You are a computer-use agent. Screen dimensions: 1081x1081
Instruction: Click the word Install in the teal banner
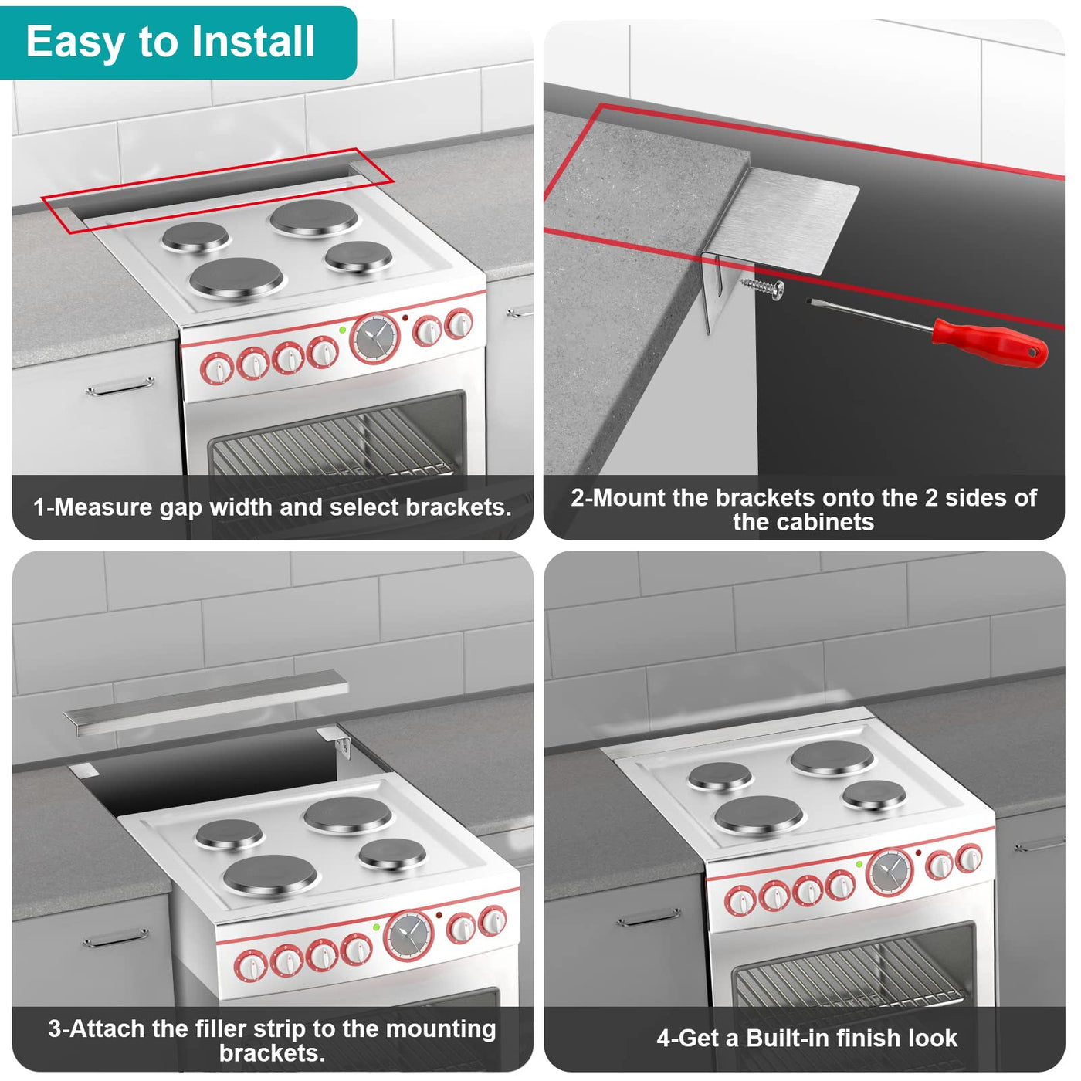point(252,42)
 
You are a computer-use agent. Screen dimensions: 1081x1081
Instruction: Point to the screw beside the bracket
point(763,288)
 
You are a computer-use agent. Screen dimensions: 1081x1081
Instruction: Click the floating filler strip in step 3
point(205,703)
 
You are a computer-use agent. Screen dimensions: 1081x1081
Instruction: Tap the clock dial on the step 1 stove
point(374,338)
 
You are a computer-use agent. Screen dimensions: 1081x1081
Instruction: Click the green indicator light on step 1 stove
point(343,330)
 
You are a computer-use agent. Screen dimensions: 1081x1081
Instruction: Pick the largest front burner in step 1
point(236,278)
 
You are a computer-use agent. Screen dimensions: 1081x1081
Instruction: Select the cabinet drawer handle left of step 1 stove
point(120,387)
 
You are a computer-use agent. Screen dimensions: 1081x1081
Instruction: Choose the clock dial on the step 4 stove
point(890,873)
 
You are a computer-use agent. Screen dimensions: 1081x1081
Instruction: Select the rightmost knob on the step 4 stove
point(969,859)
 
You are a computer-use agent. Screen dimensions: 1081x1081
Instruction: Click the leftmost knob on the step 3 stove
point(250,966)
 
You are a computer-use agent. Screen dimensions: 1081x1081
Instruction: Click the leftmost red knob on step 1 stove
point(217,369)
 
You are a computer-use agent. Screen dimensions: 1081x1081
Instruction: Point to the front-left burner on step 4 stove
point(759,815)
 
